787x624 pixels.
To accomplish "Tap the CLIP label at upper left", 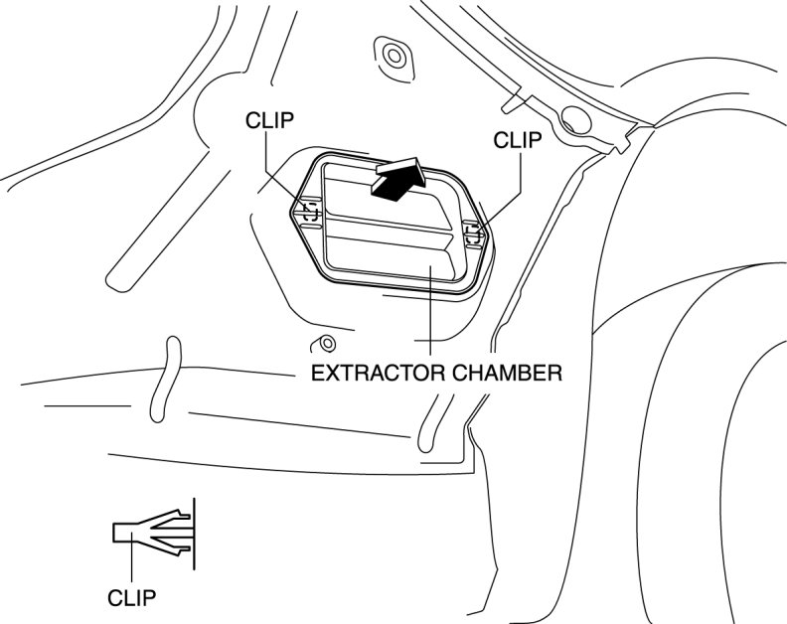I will click(269, 120).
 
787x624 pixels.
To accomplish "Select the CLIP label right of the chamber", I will click(517, 141).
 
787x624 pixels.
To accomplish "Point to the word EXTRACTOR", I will click(370, 374).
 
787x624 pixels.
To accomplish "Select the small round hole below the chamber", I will click(323, 345).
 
